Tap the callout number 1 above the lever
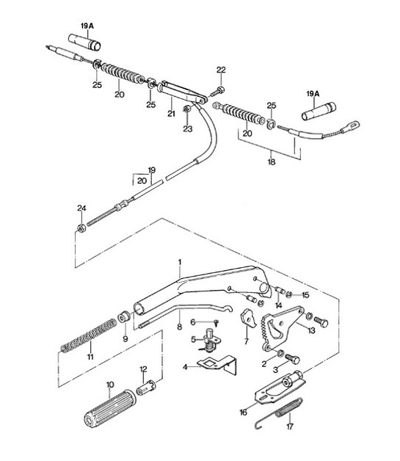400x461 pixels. coord(178,261)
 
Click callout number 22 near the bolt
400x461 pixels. coord(221,70)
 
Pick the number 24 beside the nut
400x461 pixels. coord(81,208)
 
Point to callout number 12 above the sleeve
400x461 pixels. coord(143,369)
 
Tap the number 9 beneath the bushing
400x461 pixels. coord(126,341)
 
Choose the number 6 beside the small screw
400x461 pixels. coord(192,322)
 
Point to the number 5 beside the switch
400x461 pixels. coord(192,339)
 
